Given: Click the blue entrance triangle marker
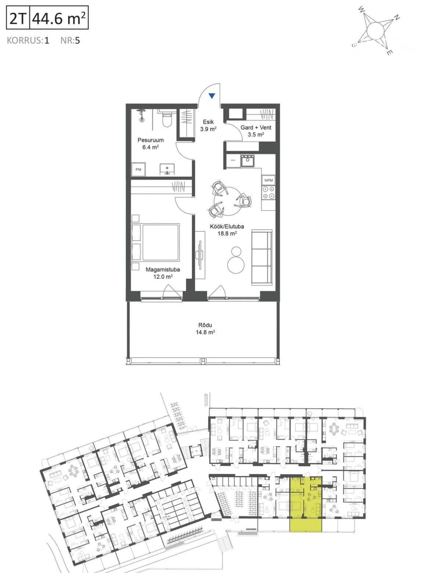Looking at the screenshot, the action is tap(212, 96).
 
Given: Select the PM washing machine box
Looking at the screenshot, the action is tap(139, 169).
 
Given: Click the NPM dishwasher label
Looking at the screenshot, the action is tap(269, 180).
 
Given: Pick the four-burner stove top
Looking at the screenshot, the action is tap(268, 193).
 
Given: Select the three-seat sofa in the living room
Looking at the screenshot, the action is tap(262, 257).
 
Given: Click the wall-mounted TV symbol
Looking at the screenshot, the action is tap(200, 255).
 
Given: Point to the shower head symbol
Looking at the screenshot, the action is tap(141, 114).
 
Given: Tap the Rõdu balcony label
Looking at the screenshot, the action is tap(205, 325).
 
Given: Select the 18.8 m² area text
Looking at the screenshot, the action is tap(227, 234).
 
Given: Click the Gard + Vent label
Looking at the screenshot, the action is tap(256, 127).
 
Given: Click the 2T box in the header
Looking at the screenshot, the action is tap(18, 17).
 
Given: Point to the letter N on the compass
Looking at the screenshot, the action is tap(396, 18).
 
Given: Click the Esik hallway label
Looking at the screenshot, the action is tap(208, 122).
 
